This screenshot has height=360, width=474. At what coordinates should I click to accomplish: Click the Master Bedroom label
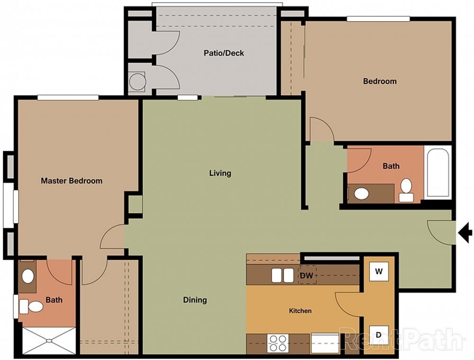click(x=72, y=181)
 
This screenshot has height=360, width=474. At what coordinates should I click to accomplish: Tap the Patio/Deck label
click(x=224, y=53)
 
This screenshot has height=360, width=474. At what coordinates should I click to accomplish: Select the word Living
click(x=220, y=173)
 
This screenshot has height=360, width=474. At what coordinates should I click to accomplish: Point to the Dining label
click(x=195, y=300)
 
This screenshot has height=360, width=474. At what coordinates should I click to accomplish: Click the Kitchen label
click(x=301, y=311)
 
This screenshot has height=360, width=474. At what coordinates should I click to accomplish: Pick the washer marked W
click(x=379, y=272)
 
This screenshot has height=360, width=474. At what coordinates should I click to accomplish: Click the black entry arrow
click(x=465, y=232)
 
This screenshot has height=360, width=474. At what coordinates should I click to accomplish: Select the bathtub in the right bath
click(x=437, y=173)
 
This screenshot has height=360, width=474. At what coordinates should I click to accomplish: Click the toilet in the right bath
click(x=406, y=190)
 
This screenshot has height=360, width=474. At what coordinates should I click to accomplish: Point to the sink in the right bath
click(x=362, y=194)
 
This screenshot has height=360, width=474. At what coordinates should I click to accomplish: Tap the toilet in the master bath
click(x=32, y=307)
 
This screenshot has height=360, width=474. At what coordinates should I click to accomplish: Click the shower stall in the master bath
click(x=49, y=340)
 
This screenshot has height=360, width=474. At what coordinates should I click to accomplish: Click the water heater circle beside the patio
click(x=137, y=81)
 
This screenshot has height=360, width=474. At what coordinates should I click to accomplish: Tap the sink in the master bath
click(x=28, y=276)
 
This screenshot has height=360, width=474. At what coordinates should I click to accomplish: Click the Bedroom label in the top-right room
click(x=380, y=81)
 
